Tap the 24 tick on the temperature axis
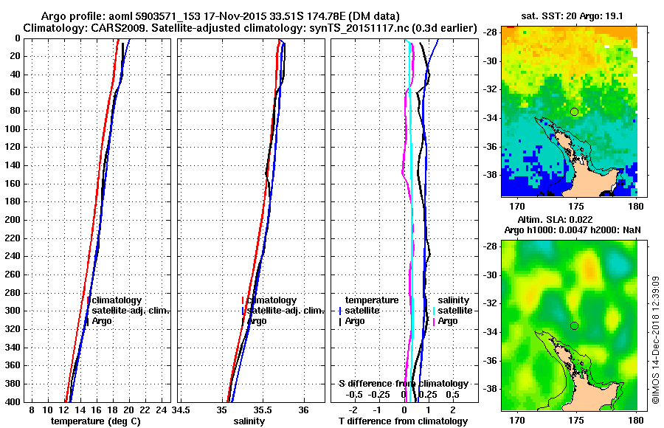pyautogui.click(x=163, y=410)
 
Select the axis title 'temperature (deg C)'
pyautogui.click(x=95, y=421)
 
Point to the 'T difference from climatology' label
pyautogui.click(x=403, y=421)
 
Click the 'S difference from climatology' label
pyautogui.click(x=403, y=384)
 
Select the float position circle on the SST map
pyautogui.click(x=574, y=111)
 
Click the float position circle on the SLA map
pyautogui.click(x=574, y=325)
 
